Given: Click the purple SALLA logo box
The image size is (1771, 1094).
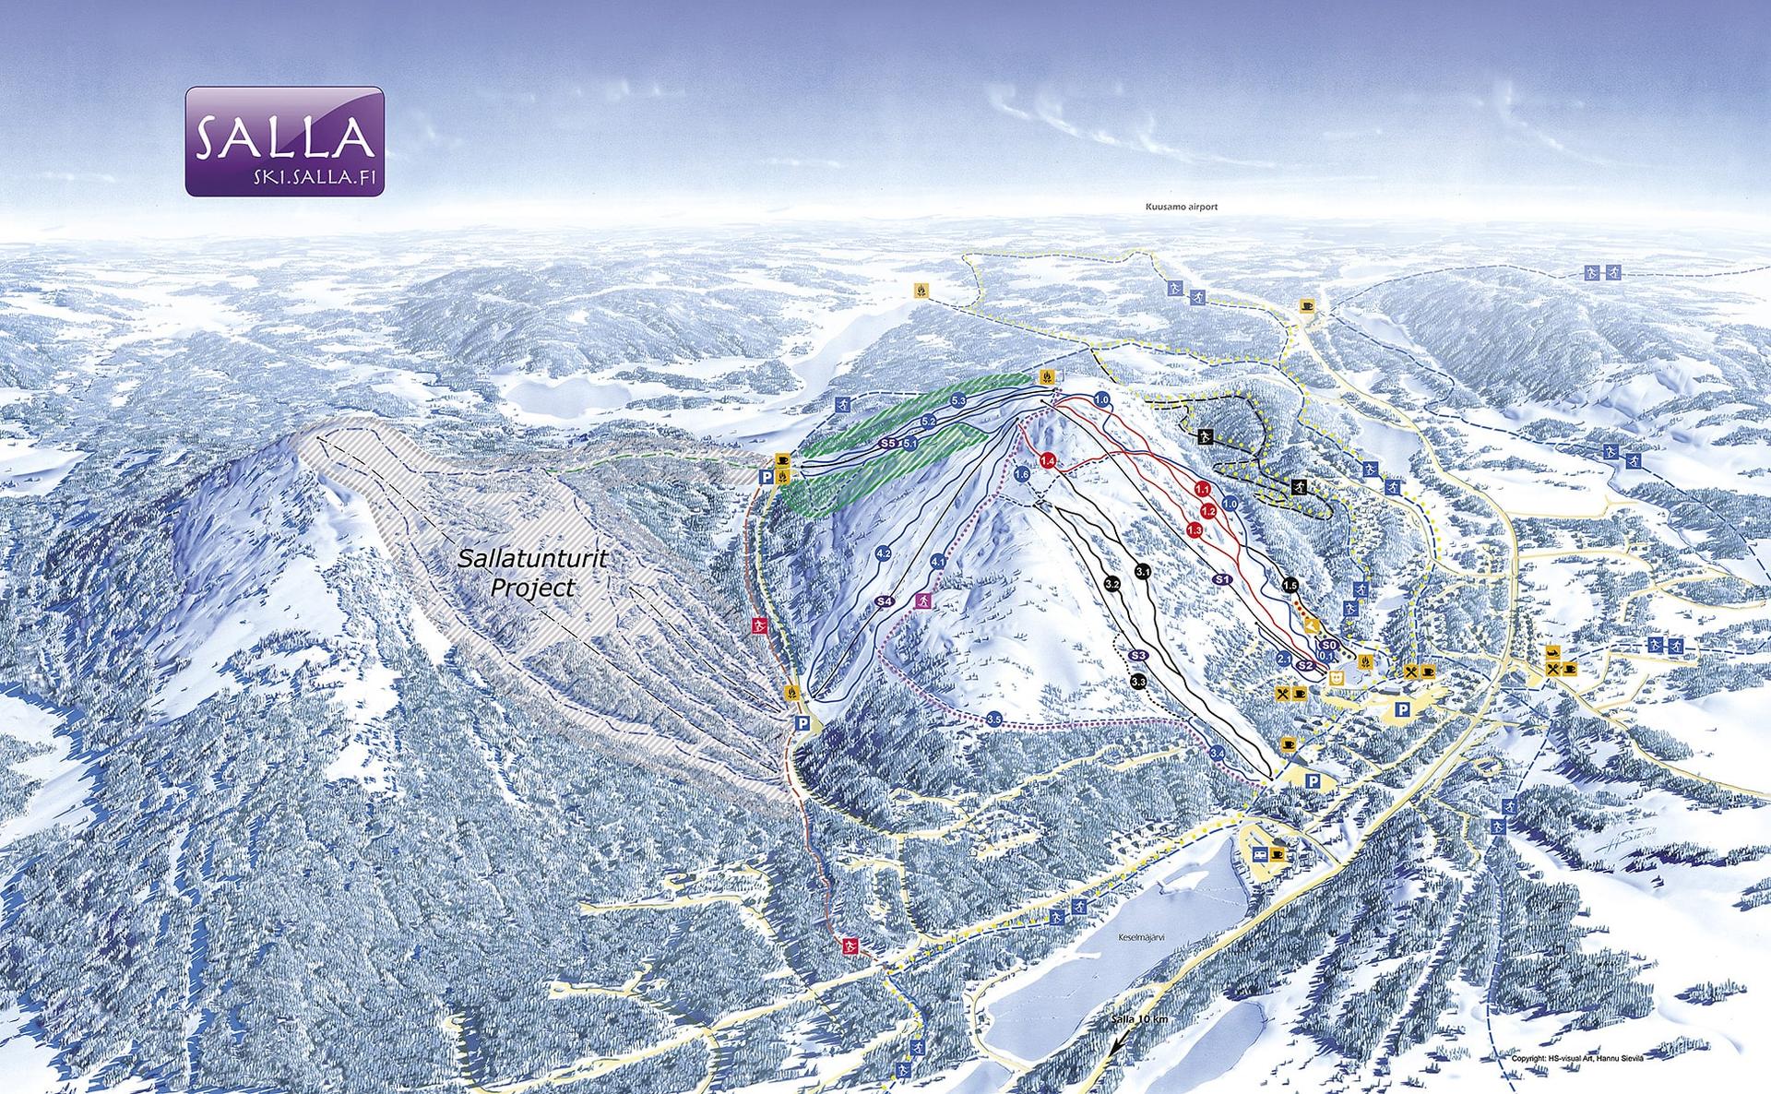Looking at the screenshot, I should (x=284, y=141).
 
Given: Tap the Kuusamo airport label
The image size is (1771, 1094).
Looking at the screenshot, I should (x=1175, y=208).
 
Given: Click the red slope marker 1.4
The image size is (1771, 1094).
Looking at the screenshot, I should (x=1047, y=461).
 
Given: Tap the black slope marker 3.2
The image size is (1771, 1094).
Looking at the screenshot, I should (x=1111, y=584).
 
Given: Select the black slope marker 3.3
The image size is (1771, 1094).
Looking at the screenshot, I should (x=1137, y=682).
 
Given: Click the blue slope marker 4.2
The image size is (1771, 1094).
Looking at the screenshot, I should (x=883, y=554).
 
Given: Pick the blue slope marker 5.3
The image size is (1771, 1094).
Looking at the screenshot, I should (x=957, y=400).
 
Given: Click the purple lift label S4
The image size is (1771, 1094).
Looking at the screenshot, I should (x=884, y=601).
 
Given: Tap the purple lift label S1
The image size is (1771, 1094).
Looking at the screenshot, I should (x=1223, y=579).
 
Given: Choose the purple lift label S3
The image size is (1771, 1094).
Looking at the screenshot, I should (x=1137, y=655).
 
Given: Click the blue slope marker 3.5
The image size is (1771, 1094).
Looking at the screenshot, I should (x=993, y=719).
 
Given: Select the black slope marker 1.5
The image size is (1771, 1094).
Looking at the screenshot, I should (x=1290, y=585).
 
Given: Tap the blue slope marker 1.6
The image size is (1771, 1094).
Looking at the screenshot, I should (x=1021, y=474).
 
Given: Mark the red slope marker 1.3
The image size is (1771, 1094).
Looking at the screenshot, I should (x=1195, y=530).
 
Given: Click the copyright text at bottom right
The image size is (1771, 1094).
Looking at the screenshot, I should (x=1577, y=1059).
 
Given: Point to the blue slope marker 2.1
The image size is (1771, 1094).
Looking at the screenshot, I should (x=1283, y=660).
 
